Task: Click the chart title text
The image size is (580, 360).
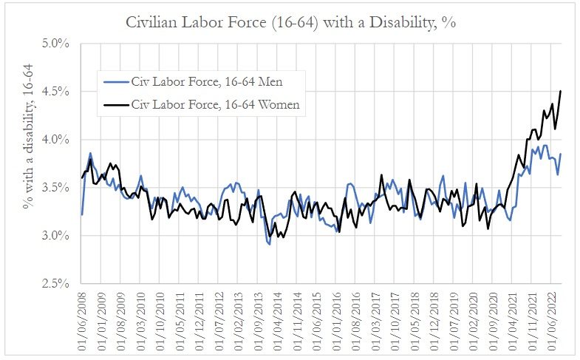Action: coord(291,21)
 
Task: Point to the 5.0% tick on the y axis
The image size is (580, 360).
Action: coord(55,44)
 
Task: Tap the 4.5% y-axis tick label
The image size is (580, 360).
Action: coord(55,92)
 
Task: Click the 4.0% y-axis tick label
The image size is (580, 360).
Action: coord(55,140)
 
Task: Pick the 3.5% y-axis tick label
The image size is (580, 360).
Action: coord(55,188)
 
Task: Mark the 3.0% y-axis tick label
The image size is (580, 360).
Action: coord(55,236)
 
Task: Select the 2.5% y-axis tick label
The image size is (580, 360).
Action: coord(55,284)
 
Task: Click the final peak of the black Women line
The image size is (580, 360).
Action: coord(562,91)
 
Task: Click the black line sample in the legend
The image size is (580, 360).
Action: coord(115,105)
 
